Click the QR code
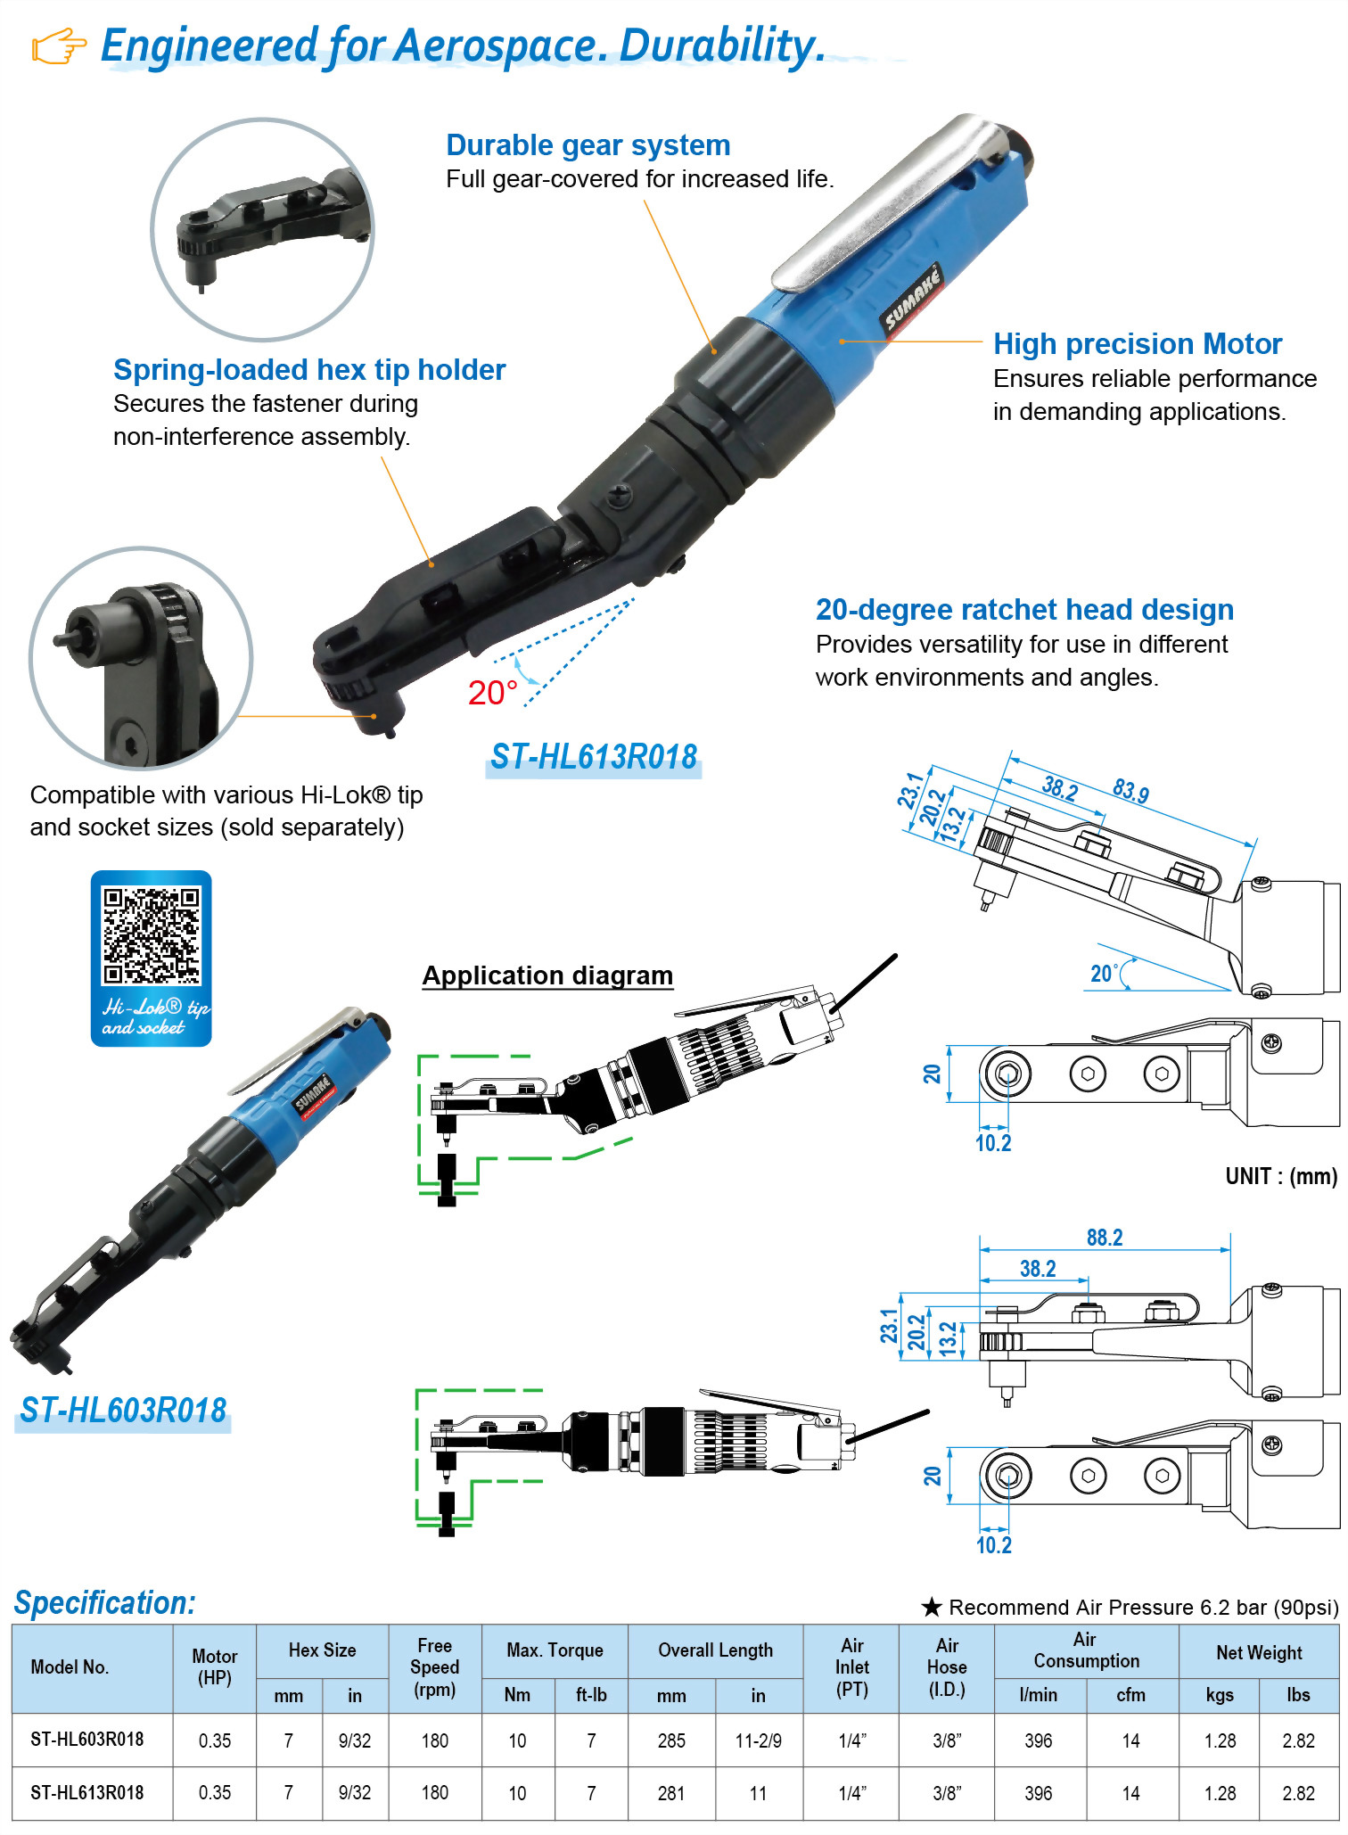point(152,935)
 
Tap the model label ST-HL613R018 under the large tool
point(594,757)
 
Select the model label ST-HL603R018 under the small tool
point(123,1411)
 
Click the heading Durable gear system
point(588,145)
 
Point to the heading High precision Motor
point(1138,344)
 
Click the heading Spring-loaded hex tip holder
point(309,370)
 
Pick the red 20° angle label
point(493,693)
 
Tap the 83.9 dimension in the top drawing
point(1130,791)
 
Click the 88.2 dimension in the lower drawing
point(1105,1238)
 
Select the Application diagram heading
point(547,975)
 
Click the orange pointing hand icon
point(59,46)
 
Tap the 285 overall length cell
point(671,1740)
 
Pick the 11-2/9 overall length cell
point(759,1740)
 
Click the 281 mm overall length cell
point(671,1793)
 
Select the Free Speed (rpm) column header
point(435,1667)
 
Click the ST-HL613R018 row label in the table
point(86,1793)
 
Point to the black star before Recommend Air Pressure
point(932,1607)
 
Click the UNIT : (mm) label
point(1281,1177)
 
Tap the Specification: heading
point(105,1603)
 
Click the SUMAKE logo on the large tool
point(912,299)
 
